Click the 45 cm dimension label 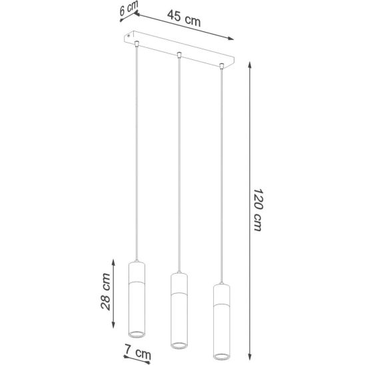[x=184, y=19]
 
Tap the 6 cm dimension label [x=129, y=9]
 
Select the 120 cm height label [x=258, y=210]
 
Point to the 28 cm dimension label [x=106, y=292]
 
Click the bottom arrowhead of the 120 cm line [x=250, y=357]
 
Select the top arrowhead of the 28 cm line [x=113, y=262]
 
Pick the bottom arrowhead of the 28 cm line [x=113, y=325]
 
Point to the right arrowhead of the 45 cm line [x=230, y=39]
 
